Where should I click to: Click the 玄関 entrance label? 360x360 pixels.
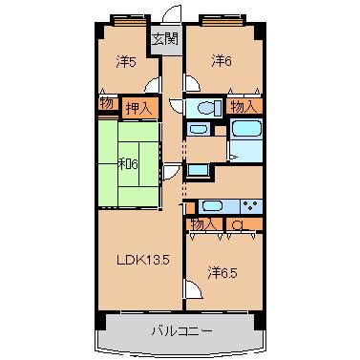pyautogui.click(x=164, y=39)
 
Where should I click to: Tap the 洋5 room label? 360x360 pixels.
pyautogui.click(x=126, y=62)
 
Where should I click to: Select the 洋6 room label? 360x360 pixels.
pyautogui.click(x=222, y=61)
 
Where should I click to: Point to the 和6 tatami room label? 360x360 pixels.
pyautogui.click(x=128, y=164)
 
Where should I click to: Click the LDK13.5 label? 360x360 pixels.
pyautogui.click(x=142, y=261)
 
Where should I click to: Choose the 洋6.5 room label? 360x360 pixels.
pyautogui.click(x=222, y=273)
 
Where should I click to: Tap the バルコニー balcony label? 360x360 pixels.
pyautogui.click(x=181, y=331)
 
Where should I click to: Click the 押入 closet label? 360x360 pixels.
pyautogui.click(x=138, y=109)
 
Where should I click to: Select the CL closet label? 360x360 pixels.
pyautogui.click(x=241, y=225)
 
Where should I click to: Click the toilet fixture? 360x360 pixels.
pyautogui.click(x=209, y=108)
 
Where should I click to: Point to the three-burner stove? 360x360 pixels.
pyautogui.click(x=251, y=205)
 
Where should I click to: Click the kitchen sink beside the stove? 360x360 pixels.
pyautogui.click(x=212, y=206)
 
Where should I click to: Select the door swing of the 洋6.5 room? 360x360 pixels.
pyautogui.click(x=194, y=289)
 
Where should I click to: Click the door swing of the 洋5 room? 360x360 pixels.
pyautogui.click(x=152, y=85)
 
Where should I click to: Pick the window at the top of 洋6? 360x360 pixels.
pyautogui.click(x=222, y=22)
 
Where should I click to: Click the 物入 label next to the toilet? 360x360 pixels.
pyautogui.click(x=244, y=107)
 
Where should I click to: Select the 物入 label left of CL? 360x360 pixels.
pyautogui.click(x=204, y=225)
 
